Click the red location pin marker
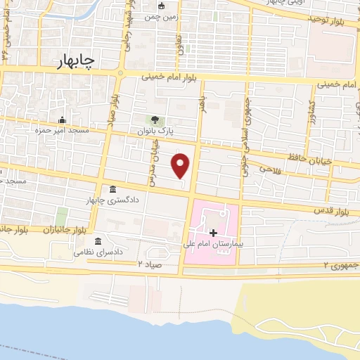coord(181,165)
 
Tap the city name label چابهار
coord(74,63)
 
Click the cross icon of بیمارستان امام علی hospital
coord(214,231)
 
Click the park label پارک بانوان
coord(155,131)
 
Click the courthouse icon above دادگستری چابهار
coord(113,188)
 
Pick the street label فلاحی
coord(270,169)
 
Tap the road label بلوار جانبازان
coord(63,230)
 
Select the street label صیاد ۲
coord(149,263)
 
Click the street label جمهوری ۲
coord(340,265)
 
